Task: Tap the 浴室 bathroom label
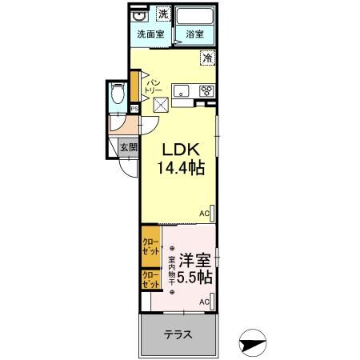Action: click(194, 34)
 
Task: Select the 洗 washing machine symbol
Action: click(163, 14)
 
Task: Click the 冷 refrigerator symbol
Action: click(207, 58)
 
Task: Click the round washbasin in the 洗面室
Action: click(138, 15)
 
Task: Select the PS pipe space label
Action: click(134, 109)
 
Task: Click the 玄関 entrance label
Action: click(129, 147)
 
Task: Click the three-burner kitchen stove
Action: click(206, 90)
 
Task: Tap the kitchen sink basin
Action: click(180, 90)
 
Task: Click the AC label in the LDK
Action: click(204, 214)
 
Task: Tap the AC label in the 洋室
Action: click(204, 301)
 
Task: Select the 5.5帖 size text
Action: click(194, 278)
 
